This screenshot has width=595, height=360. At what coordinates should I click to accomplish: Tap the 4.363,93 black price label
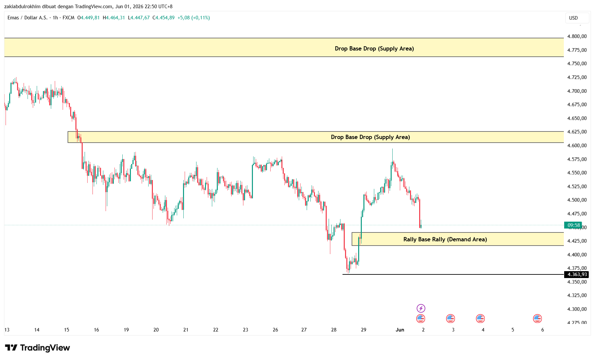(x=577, y=274)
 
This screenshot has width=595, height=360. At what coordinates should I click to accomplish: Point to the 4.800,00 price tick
(x=577, y=36)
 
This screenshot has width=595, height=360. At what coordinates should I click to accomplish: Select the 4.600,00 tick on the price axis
(x=577, y=146)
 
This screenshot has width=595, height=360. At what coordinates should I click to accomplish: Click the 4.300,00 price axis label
(x=577, y=309)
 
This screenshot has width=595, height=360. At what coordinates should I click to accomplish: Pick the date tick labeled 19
(x=126, y=330)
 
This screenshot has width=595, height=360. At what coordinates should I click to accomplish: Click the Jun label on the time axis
(x=400, y=330)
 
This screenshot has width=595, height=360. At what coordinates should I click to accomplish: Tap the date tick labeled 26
(x=275, y=330)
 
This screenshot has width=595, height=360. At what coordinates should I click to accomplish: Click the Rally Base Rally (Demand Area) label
(x=445, y=239)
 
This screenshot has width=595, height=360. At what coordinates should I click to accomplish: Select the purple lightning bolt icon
(x=421, y=308)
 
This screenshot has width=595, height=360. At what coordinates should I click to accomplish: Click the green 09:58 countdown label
(x=573, y=225)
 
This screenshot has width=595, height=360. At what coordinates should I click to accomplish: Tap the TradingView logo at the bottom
(x=37, y=348)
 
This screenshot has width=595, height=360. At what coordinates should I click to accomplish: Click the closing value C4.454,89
(x=163, y=18)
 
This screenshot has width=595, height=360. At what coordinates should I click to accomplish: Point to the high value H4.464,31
(x=114, y=18)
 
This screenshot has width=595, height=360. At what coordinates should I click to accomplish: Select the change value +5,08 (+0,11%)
(x=194, y=18)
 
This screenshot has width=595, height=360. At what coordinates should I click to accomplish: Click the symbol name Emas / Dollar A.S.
(x=28, y=18)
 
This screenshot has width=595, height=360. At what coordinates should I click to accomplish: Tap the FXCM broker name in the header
(x=69, y=18)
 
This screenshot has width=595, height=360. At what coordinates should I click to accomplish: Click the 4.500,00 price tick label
(x=577, y=200)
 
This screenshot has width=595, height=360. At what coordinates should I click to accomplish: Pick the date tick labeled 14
(x=37, y=330)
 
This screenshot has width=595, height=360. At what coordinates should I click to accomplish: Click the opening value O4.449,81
(x=89, y=18)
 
